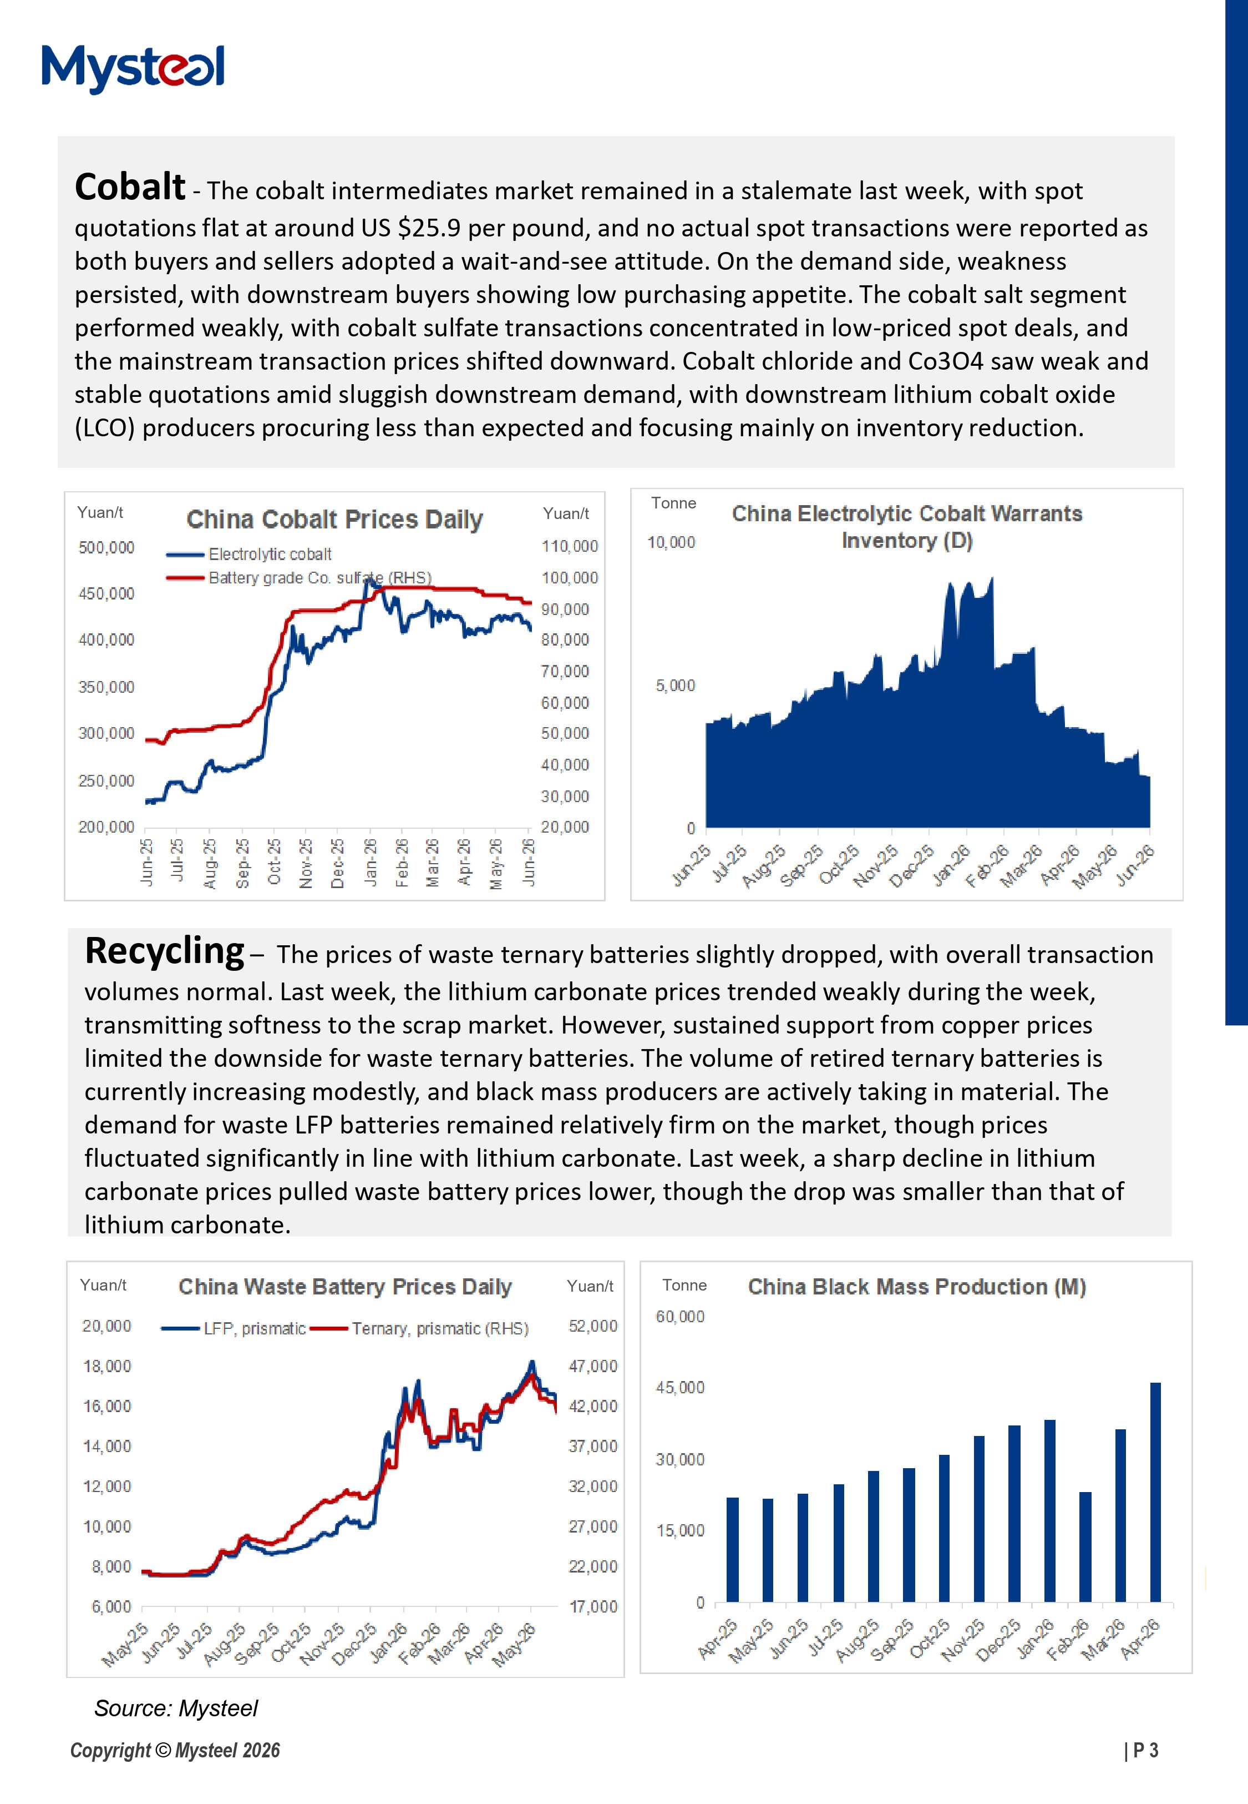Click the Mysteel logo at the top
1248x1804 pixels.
coord(133,68)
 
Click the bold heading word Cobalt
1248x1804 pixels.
coord(130,188)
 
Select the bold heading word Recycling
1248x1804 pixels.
coord(164,952)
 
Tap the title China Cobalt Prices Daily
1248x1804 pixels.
coord(334,520)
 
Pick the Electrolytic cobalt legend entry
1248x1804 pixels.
coord(248,555)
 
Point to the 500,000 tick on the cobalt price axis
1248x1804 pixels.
coord(106,548)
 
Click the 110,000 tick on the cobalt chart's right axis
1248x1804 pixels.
coord(569,546)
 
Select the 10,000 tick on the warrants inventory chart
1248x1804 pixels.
coord(671,542)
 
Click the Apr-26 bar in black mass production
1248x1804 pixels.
coord(1155,1492)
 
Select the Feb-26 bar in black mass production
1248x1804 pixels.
coord(1084,1546)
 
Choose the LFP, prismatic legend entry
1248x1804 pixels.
coord(233,1328)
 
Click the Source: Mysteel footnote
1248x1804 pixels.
coord(176,1709)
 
